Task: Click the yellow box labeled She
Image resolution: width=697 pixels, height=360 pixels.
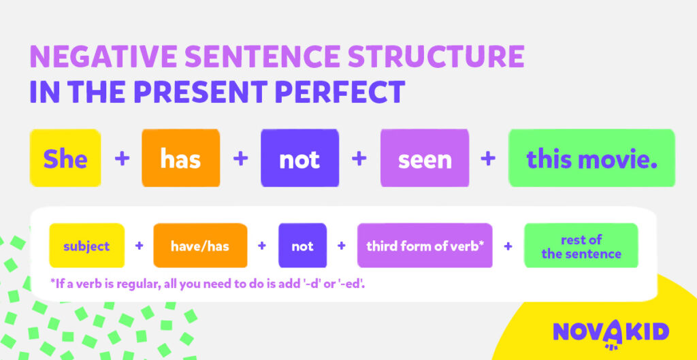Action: pyautogui.click(x=65, y=159)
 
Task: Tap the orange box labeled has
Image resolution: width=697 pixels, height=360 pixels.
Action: pyautogui.click(x=180, y=159)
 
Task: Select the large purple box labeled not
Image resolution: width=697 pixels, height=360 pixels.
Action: pyautogui.click(x=299, y=159)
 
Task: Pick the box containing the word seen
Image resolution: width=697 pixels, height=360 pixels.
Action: pyautogui.click(x=425, y=159)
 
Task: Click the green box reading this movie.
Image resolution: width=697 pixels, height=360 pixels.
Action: pyautogui.click(x=591, y=159)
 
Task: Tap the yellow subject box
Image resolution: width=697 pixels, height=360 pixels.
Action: pyautogui.click(x=86, y=246)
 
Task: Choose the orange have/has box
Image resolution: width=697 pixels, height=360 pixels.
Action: pyautogui.click(x=200, y=246)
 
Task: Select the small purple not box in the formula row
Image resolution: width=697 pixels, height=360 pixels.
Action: pyautogui.click(x=302, y=246)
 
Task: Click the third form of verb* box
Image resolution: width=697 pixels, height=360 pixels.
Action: pyautogui.click(x=425, y=246)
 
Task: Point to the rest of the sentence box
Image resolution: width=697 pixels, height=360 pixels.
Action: pyautogui.click(x=581, y=246)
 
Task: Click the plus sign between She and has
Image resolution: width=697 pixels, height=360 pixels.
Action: pyautogui.click(x=122, y=159)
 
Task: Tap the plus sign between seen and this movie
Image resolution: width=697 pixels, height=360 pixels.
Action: pyautogui.click(x=488, y=159)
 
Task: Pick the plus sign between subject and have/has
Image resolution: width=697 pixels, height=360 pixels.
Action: pyautogui.click(x=140, y=246)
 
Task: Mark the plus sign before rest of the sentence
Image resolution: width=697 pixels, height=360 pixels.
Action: pyautogui.click(x=508, y=246)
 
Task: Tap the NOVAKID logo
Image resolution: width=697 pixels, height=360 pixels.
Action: pyautogui.click(x=611, y=332)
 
